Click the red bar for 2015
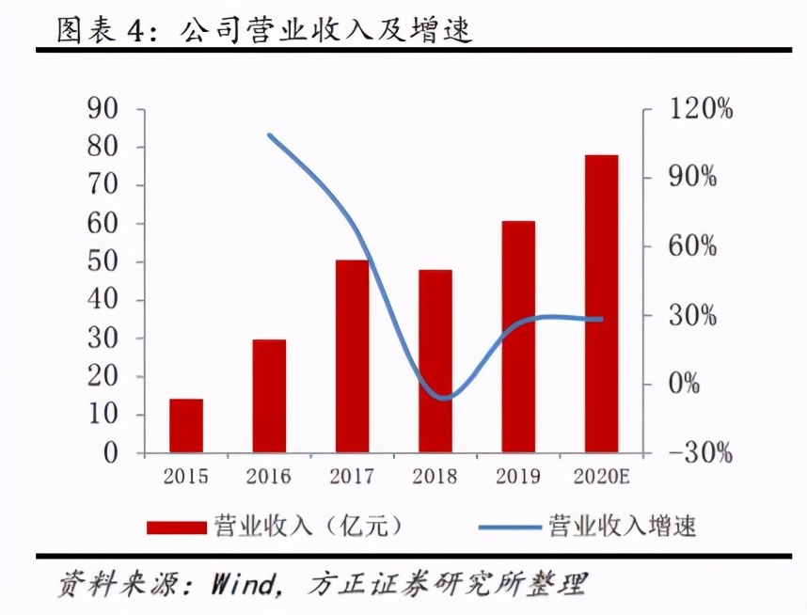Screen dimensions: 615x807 pos(186,426)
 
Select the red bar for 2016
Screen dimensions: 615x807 pos(269,396)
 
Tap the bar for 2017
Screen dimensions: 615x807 pos(352,356)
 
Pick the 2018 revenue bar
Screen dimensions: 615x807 pos(435,361)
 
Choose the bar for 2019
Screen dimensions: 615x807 pos(518,337)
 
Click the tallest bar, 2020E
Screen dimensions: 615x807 pos(602,304)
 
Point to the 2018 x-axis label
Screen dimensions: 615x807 pos(435,477)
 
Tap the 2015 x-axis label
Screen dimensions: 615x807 pos(186,477)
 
